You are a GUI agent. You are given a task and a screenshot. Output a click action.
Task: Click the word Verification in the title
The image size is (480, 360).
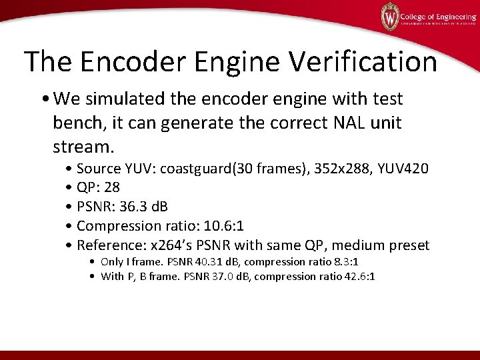363,61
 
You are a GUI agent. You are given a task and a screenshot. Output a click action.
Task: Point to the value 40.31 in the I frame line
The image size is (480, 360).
205,262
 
